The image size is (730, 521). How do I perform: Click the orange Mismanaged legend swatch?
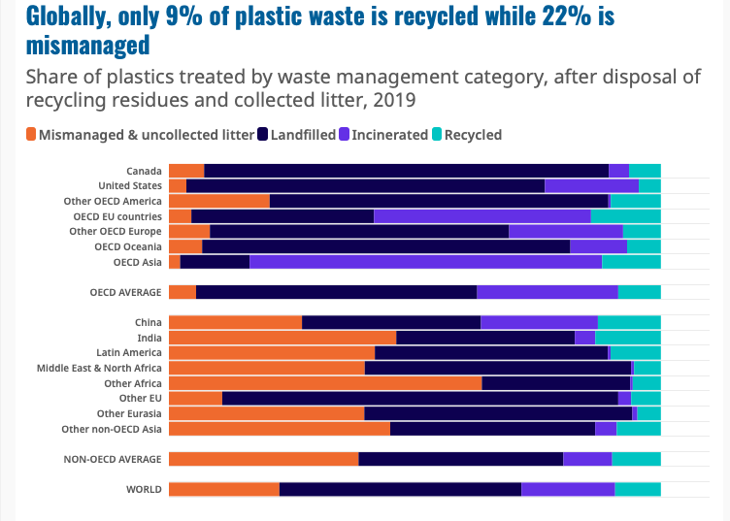[x=31, y=135]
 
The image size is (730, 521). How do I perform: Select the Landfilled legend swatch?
[x=263, y=135]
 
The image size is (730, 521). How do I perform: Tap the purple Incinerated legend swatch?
[x=345, y=135]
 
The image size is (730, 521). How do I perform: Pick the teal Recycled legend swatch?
[x=437, y=135]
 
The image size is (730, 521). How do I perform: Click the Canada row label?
[x=144, y=171]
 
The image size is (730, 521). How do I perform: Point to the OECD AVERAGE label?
[x=125, y=292]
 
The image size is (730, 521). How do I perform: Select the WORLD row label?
[x=144, y=489]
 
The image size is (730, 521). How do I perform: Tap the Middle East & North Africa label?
[x=99, y=368]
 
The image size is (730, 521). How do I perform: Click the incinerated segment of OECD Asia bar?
[x=425, y=262]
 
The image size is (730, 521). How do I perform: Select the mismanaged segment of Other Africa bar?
[x=325, y=383]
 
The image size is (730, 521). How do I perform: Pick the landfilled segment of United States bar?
[x=365, y=185]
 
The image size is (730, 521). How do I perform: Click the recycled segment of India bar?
[x=627, y=338]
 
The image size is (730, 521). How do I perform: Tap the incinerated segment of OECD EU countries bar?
[x=481, y=216]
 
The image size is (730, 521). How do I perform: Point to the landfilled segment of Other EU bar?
[x=419, y=398]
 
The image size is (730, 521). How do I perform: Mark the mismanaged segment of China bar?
[x=235, y=322]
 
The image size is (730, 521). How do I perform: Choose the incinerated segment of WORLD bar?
[x=568, y=489]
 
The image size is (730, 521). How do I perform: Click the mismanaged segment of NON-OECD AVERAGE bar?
[x=263, y=459]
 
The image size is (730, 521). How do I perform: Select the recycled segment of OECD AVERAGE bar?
[x=639, y=292]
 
